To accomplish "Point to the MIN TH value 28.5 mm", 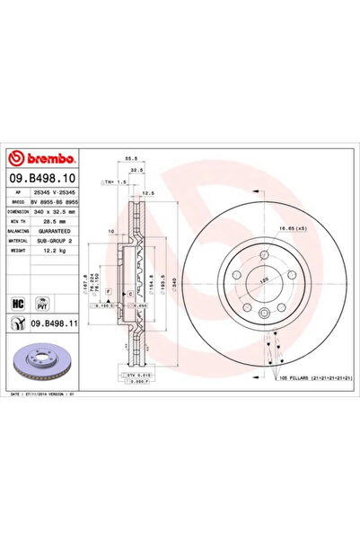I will coord(58,221).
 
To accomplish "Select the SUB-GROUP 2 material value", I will coord(66,242).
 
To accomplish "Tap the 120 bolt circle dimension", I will coord(264,280).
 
